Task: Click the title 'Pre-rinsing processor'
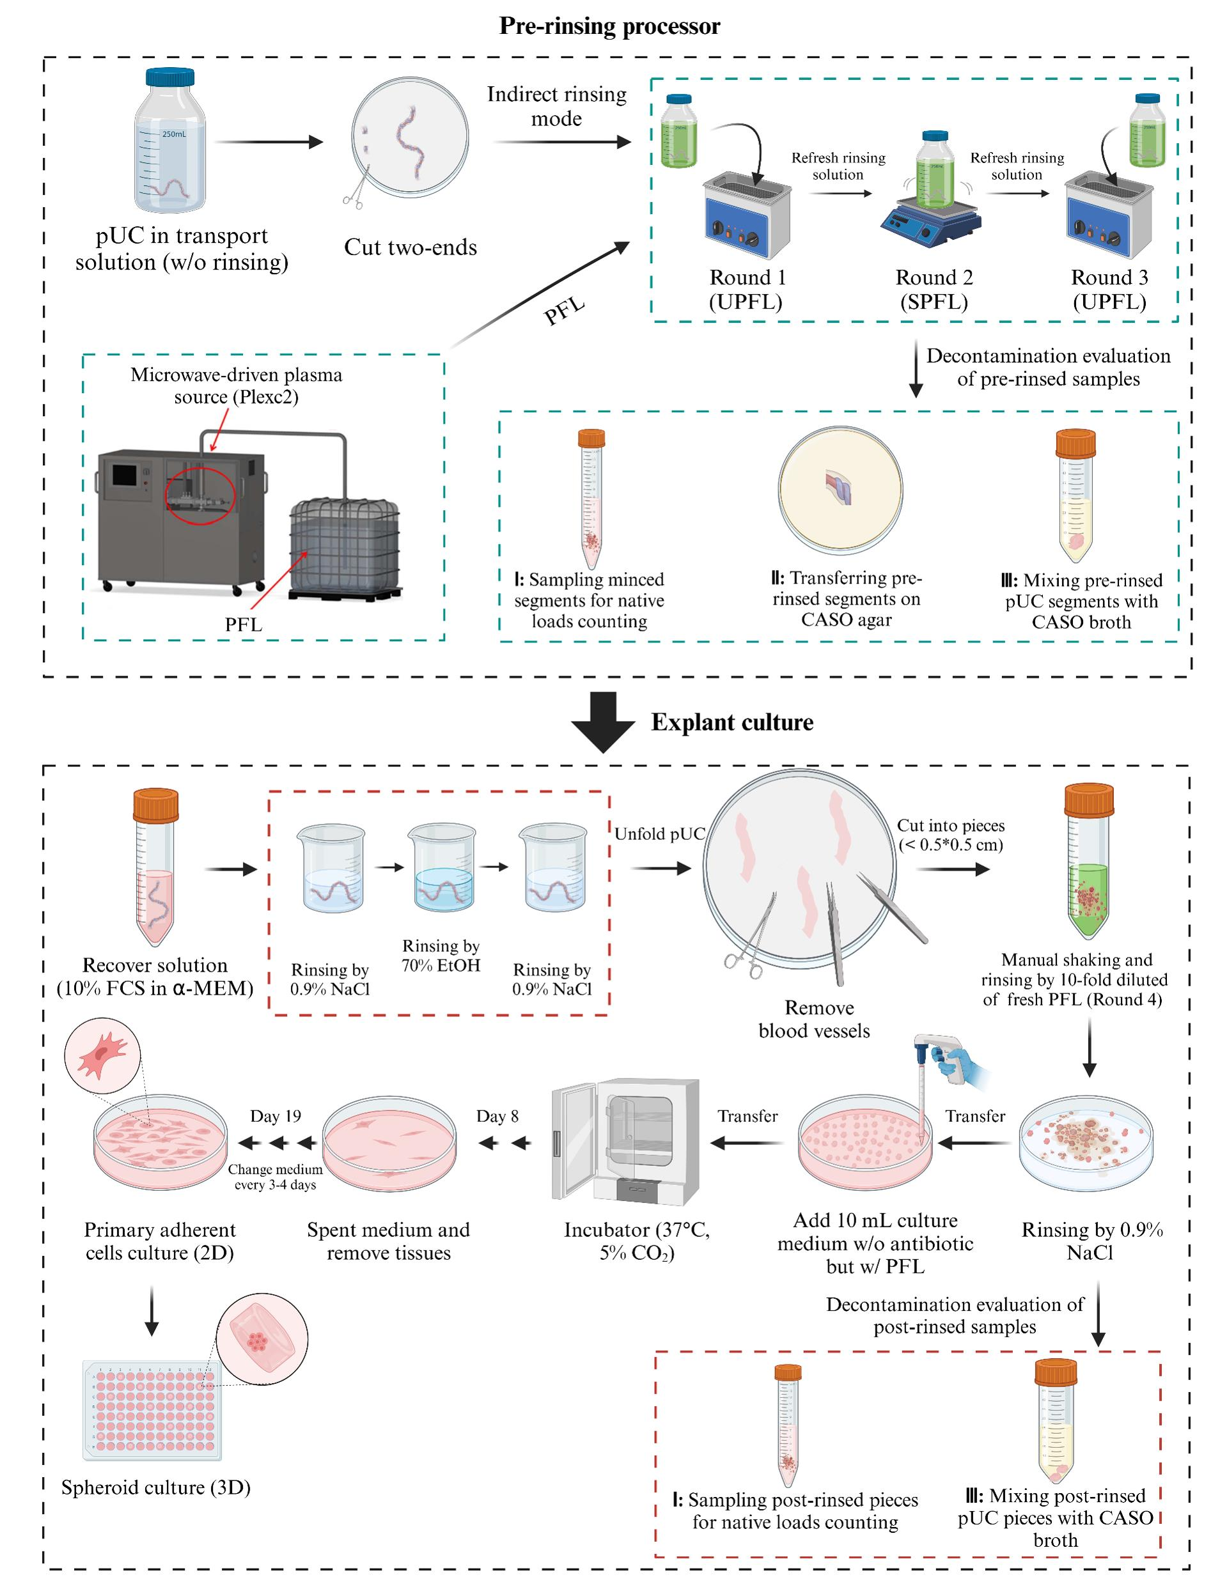(x=609, y=26)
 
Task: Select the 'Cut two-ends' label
(x=410, y=247)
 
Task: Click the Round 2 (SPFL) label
(x=934, y=289)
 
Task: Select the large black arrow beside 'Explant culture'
(x=604, y=722)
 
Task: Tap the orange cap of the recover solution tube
(x=155, y=805)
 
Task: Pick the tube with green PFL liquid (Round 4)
(x=1088, y=862)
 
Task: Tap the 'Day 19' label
(x=276, y=1116)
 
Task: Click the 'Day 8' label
(x=497, y=1116)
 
